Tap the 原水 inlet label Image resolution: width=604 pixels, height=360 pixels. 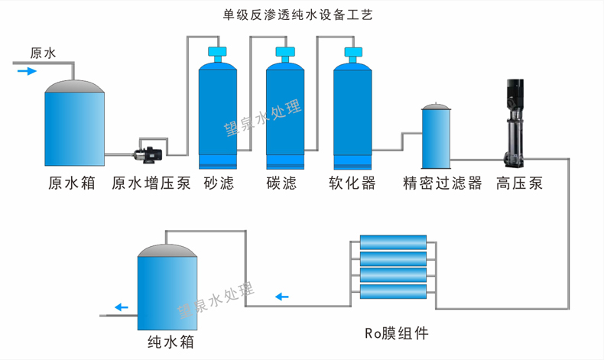43,54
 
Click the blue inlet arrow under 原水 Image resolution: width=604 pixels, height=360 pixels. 27,71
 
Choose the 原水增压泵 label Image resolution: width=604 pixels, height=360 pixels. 151,183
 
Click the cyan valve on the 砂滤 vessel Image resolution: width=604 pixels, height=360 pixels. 218,54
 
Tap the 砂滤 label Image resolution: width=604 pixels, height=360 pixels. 219,183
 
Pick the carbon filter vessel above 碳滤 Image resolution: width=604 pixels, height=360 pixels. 285,115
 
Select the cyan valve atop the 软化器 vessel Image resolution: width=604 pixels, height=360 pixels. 352,54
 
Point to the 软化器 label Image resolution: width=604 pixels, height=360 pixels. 352,183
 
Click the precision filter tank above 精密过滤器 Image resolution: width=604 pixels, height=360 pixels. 437,138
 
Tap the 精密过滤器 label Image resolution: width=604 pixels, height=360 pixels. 443,183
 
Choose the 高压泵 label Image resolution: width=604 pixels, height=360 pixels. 519,183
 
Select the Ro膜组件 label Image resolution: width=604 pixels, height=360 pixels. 396,334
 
